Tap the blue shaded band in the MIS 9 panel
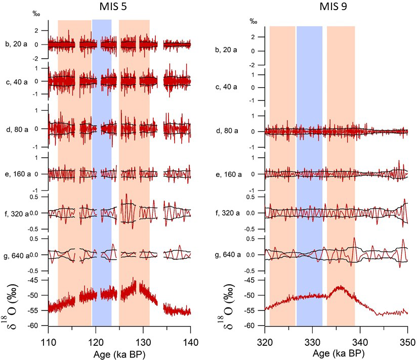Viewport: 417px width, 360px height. click(x=309, y=152)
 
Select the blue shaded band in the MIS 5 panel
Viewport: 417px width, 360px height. click(x=102, y=152)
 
